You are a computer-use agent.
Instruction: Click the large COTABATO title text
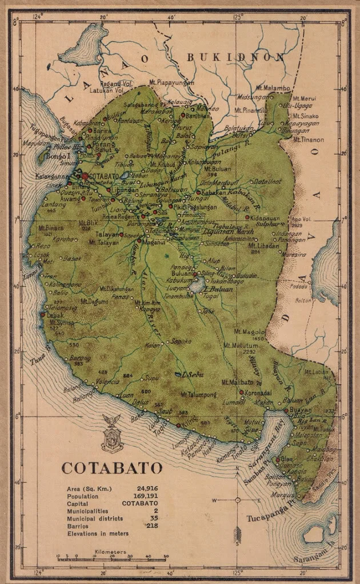pyautogui.click(x=111, y=467)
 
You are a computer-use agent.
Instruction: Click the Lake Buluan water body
pyautogui.click(x=198, y=283)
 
